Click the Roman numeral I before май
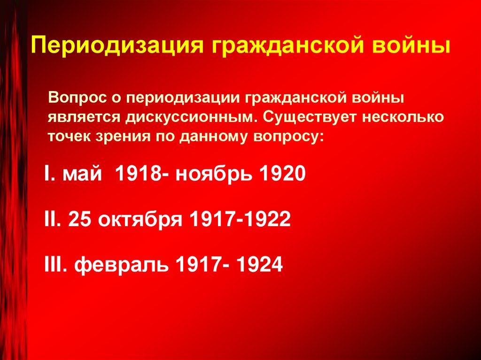click(47, 175)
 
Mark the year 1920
click(279, 175)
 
